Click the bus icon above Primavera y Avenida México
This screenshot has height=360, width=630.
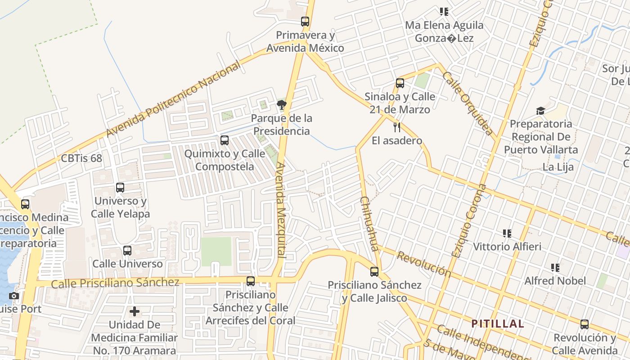click(x=305, y=21)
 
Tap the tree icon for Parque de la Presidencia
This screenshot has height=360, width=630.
click(x=282, y=105)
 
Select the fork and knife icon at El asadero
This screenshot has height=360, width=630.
click(x=396, y=127)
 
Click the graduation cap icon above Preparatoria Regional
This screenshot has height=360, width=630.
click(x=540, y=111)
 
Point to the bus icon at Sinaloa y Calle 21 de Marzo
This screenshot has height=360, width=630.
click(x=400, y=83)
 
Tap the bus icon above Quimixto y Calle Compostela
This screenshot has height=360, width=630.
click(x=225, y=140)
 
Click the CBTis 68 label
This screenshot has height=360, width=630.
click(x=81, y=158)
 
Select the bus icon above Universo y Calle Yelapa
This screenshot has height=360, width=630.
click(x=120, y=187)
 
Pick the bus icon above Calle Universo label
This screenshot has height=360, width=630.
click(x=127, y=250)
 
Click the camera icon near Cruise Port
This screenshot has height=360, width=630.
click(x=14, y=296)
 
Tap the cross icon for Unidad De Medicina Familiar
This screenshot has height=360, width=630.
click(x=135, y=311)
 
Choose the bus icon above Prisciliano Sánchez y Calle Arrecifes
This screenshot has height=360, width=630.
click(x=251, y=281)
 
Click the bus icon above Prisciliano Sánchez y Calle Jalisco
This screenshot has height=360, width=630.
click(x=374, y=271)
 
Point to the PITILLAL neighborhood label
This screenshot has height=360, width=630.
click(x=498, y=324)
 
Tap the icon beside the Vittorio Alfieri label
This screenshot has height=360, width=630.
click(x=507, y=233)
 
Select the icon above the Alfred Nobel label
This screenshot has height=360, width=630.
click(x=555, y=268)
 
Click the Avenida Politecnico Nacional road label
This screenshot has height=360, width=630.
click(x=173, y=100)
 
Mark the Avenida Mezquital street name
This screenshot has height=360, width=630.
click(x=281, y=209)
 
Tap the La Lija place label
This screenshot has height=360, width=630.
click(x=558, y=167)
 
